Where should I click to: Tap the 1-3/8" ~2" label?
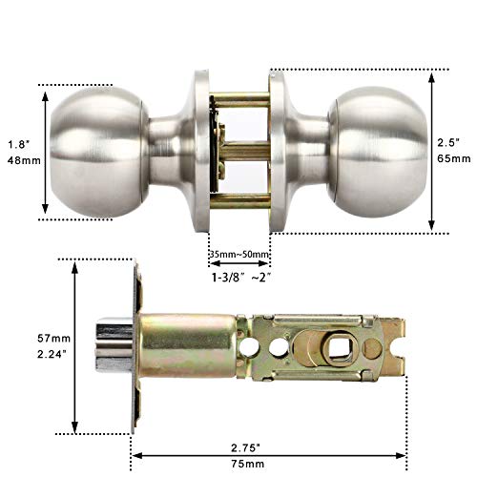(x=239, y=278)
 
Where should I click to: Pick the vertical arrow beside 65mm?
(x=432, y=151)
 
